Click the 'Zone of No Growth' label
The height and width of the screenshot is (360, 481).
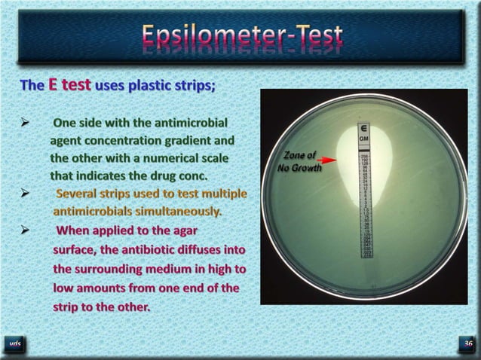pos(299,161)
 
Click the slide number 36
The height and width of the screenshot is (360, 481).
pos(468,344)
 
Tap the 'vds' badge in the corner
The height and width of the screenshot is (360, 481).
pos(15,344)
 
